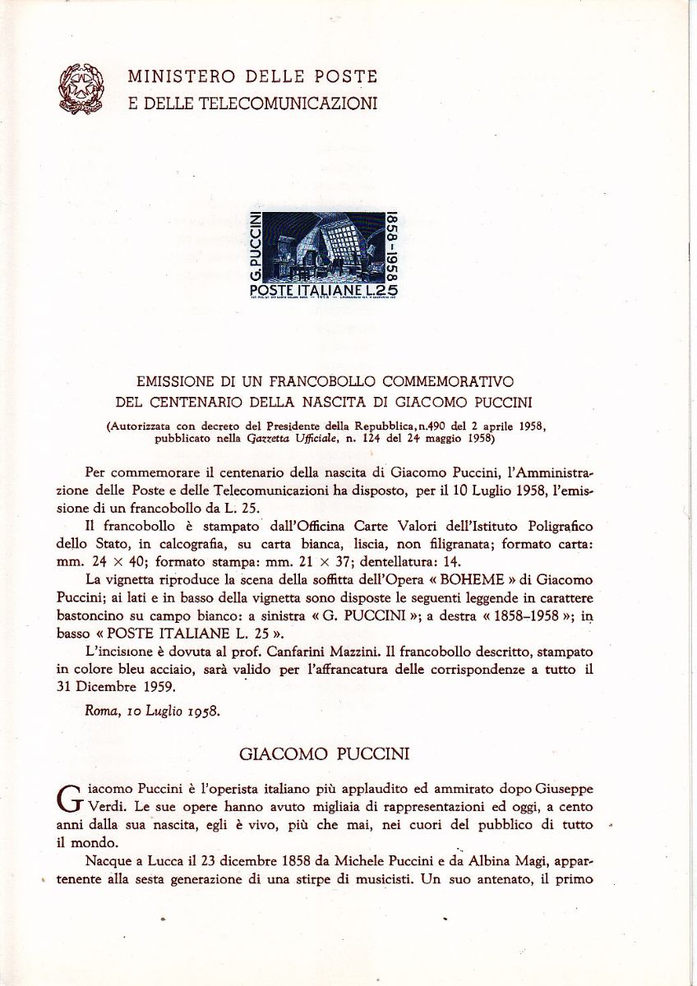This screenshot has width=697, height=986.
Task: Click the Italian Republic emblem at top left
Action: pyautogui.click(x=81, y=89)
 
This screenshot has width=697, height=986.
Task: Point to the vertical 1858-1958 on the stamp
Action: pyautogui.click(x=394, y=246)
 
